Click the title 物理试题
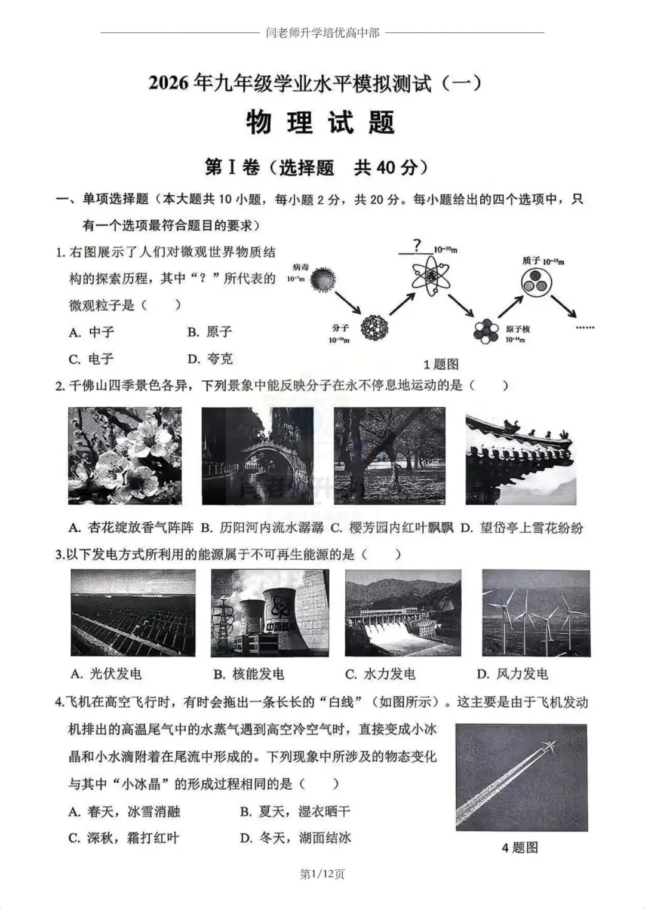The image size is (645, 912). point(321,123)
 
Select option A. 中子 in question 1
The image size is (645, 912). point(92,332)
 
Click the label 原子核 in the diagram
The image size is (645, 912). point(517,329)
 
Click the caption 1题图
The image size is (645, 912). point(441,364)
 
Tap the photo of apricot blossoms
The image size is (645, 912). point(125,456)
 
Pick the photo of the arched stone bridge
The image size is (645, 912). point(257,456)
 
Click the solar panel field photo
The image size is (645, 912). point(133,613)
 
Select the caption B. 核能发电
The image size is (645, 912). point(249,674)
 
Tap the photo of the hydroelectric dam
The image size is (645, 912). point(403,613)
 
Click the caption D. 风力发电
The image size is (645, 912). point(512,674)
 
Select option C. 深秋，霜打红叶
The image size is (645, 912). point(124,838)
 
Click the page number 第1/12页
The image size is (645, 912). point(322,874)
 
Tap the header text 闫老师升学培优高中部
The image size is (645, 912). point(322,33)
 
